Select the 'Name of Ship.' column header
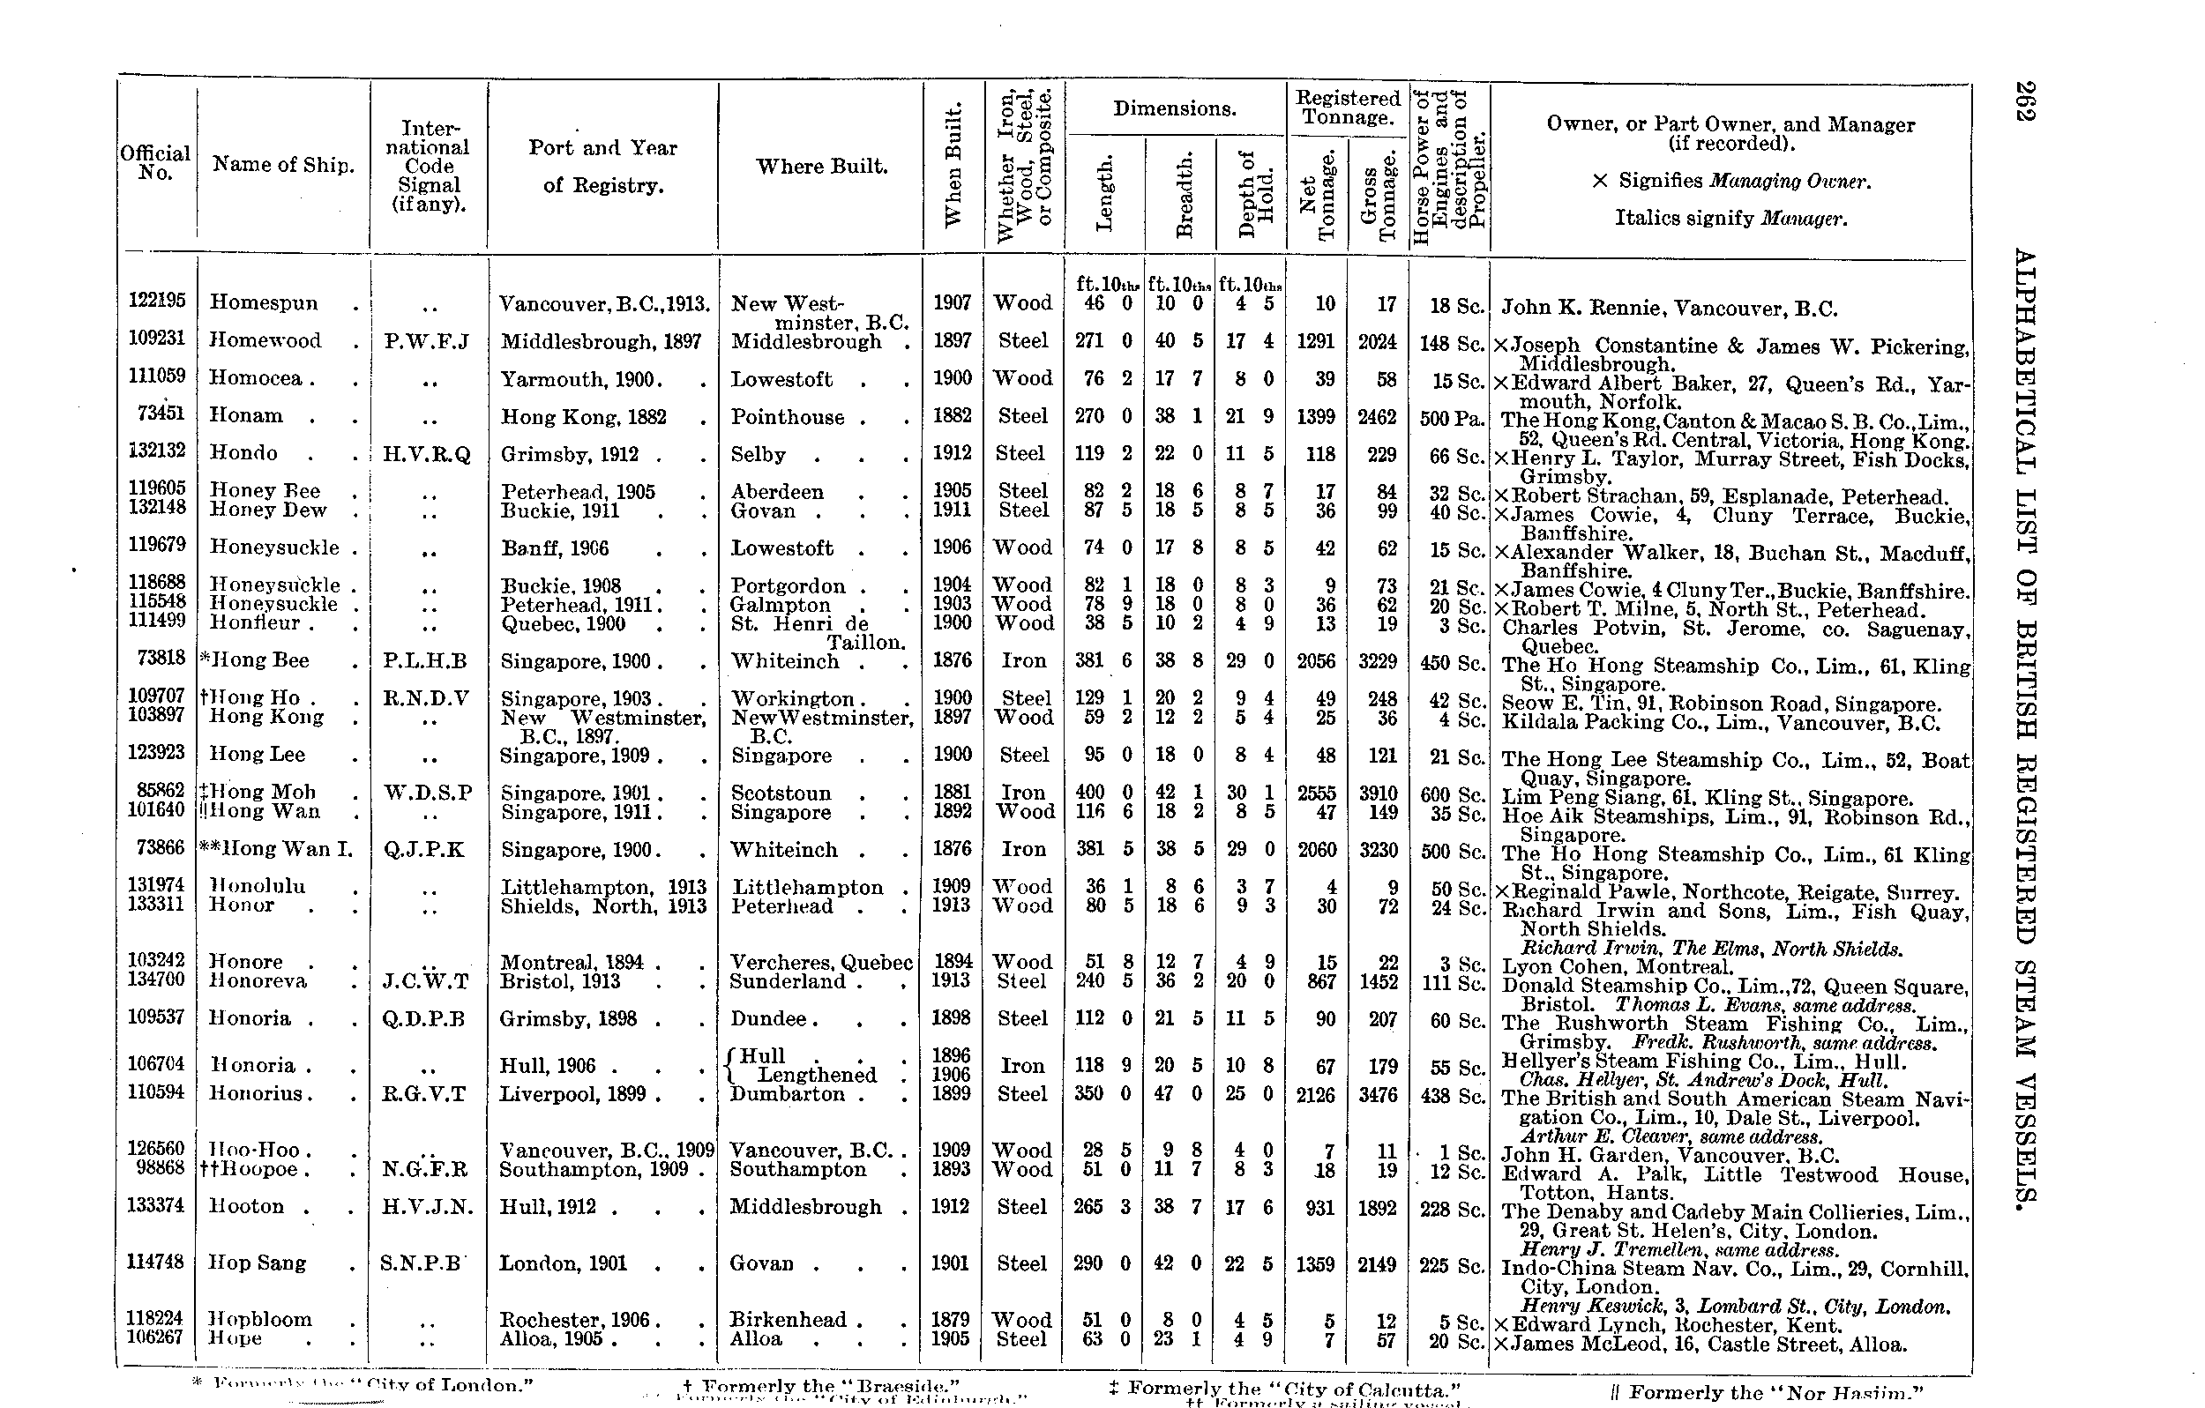click(x=283, y=165)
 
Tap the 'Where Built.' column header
click(x=821, y=167)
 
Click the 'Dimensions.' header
click(x=1175, y=109)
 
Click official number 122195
click(x=157, y=301)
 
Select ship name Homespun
click(x=264, y=302)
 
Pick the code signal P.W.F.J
click(x=427, y=342)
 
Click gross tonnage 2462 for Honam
click(x=1377, y=417)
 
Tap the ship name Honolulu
click(x=258, y=886)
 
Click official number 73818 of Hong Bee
click(x=161, y=659)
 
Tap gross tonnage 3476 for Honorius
click(x=1377, y=1095)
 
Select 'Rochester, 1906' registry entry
click(x=575, y=1320)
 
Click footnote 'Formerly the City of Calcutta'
click(x=1284, y=1388)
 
